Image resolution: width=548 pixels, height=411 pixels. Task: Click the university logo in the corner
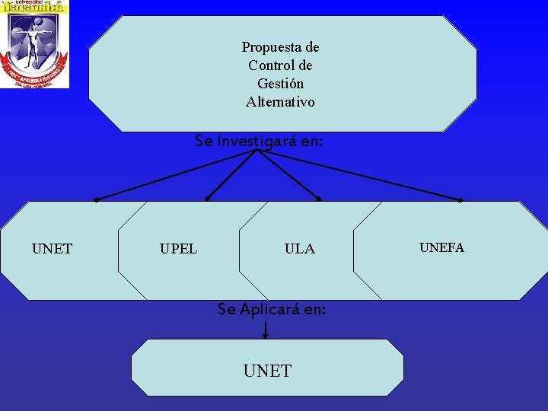pyautogui.click(x=34, y=44)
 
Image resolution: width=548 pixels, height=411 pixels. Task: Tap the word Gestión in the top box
pyautogui.click(x=280, y=84)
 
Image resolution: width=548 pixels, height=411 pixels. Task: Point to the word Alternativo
pyautogui.click(x=280, y=101)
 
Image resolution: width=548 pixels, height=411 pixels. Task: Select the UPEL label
pyautogui.click(x=178, y=249)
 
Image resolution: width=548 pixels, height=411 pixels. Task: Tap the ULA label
pyautogui.click(x=299, y=249)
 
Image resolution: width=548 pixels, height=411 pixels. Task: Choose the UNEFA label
pyautogui.click(x=441, y=247)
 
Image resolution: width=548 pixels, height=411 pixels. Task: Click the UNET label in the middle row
pyautogui.click(x=52, y=249)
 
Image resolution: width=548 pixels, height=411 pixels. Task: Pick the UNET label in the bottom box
pyautogui.click(x=267, y=371)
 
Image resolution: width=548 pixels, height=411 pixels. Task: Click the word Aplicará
pyautogui.click(x=267, y=309)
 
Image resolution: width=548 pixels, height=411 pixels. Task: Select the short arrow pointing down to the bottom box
pyautogui.click(x=265, y=330)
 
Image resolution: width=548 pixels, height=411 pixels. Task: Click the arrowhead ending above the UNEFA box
pyautogui.click(x=460, y=200)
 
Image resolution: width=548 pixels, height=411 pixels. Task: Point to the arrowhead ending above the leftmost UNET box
pyautogui.click(x=96, y=200)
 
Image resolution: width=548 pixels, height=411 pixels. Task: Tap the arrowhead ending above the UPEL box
pyautogui.click(x=207, y=199)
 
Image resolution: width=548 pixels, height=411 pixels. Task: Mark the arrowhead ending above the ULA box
pyautogui.click(x=319, y=199)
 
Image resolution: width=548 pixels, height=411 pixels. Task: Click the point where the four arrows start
pyautogui.click(x=258, y=151)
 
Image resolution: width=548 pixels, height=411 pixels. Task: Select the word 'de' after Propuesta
pyautogui.click(x=311, y=47)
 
